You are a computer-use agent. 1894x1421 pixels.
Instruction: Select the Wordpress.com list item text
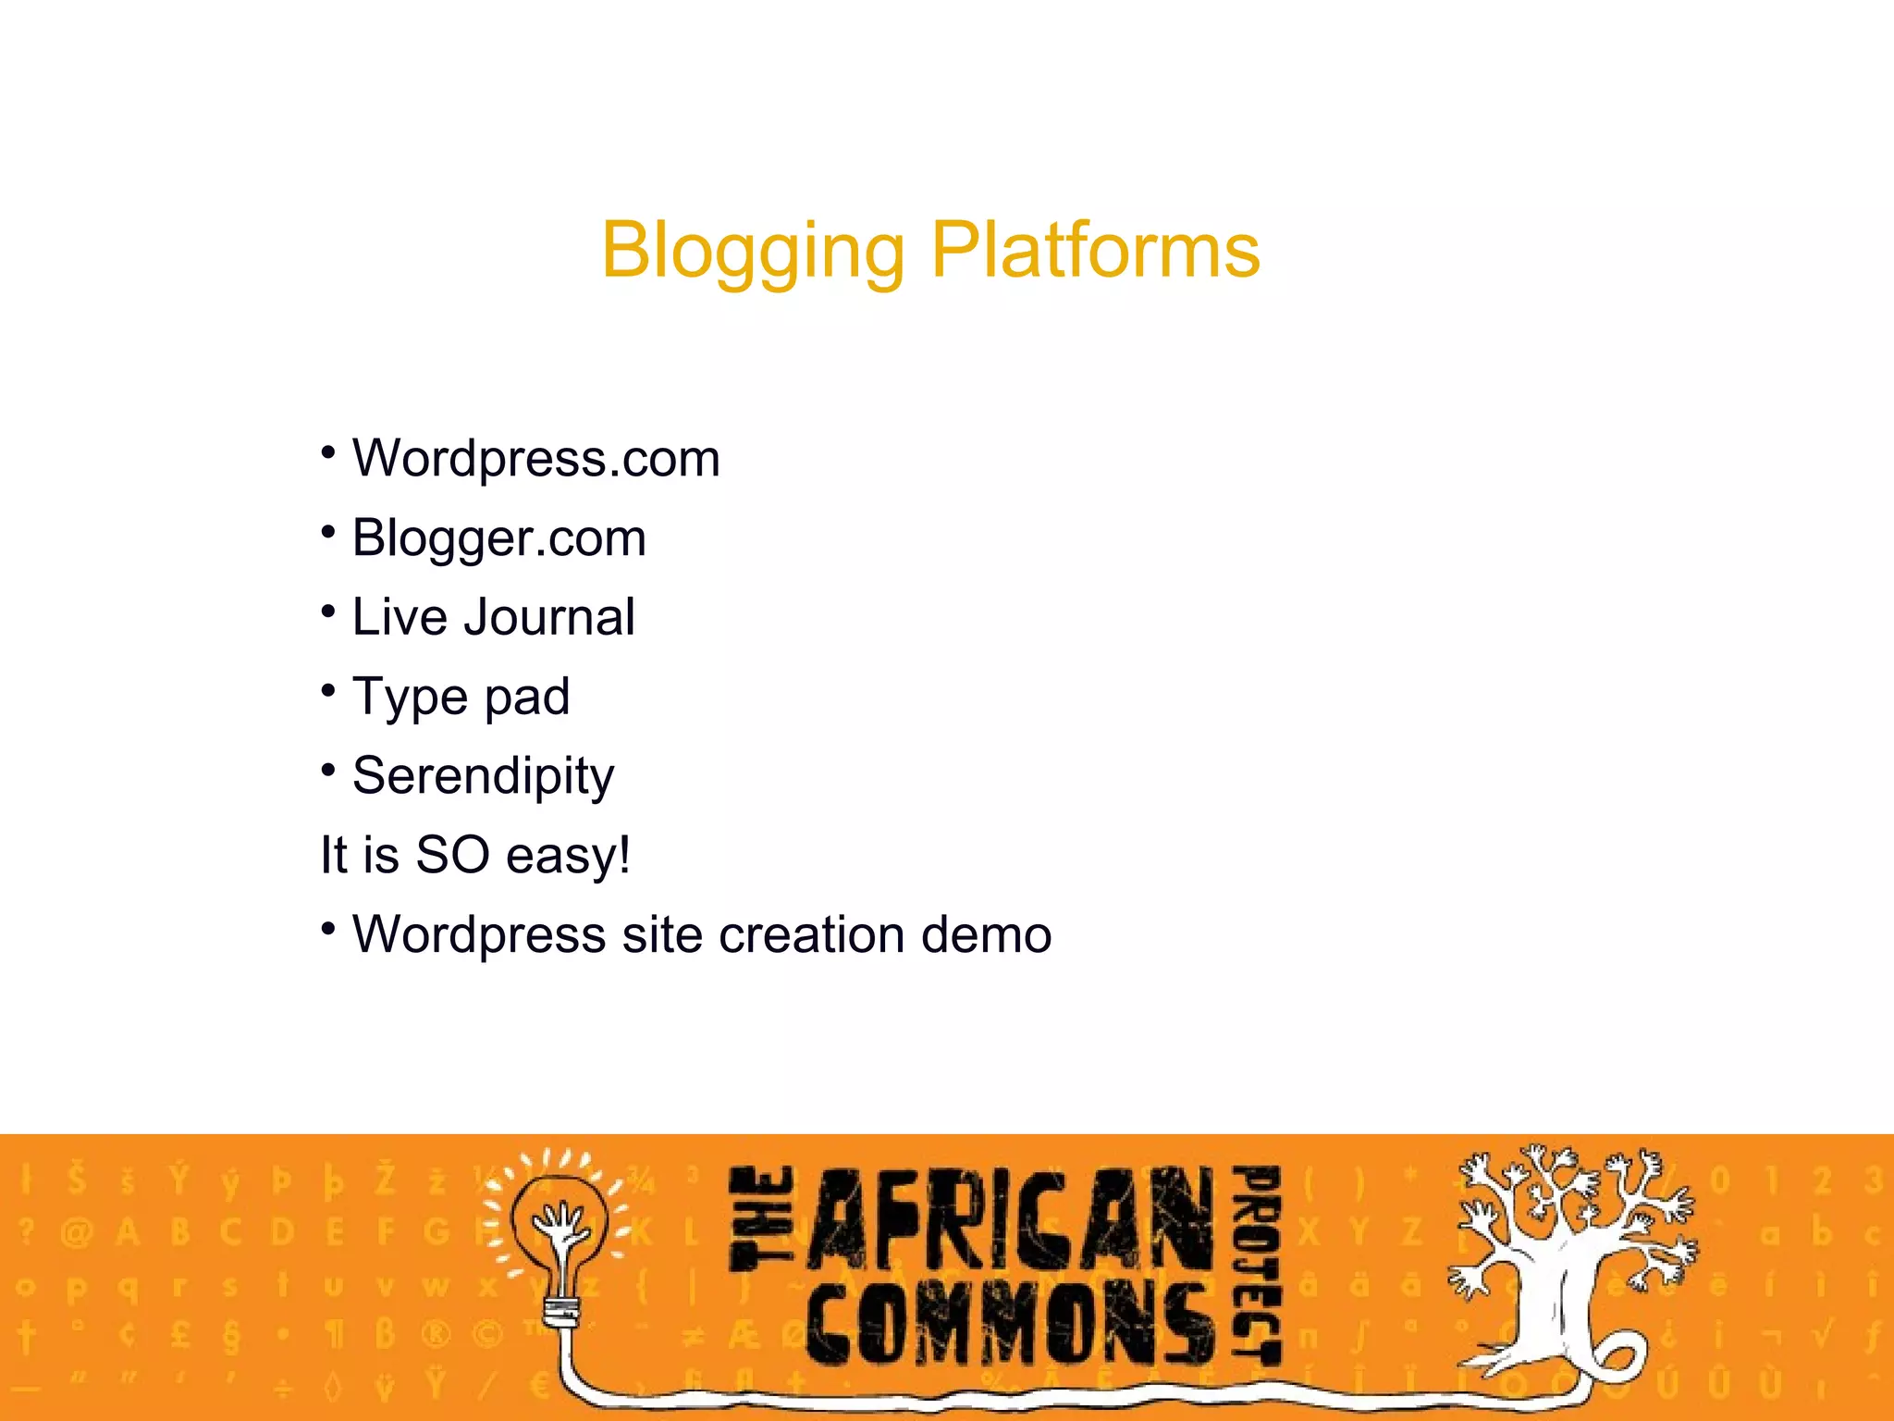535,459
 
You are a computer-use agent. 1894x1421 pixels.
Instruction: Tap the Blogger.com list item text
498,538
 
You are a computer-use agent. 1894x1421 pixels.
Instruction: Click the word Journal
549,617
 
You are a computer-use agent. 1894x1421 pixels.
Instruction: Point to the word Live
400,617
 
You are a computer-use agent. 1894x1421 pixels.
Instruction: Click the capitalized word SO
452,855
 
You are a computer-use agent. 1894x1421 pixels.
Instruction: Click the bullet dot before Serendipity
327,769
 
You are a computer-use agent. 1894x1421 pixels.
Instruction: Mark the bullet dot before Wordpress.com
327,451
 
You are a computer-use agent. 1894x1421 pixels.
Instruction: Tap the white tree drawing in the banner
1572,1258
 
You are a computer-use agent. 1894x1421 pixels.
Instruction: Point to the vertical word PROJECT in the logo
1259,1264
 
